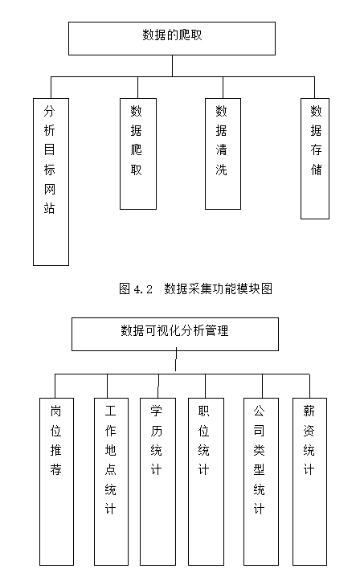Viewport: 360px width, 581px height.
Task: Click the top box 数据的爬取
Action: (x=171, y=38)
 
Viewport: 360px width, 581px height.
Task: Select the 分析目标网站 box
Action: (x=51, y=182)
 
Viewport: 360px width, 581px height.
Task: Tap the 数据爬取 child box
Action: (x=137, y=153)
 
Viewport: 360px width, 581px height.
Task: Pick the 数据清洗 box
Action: (x=222, y=153)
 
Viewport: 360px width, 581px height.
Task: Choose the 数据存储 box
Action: (x=315, y=158)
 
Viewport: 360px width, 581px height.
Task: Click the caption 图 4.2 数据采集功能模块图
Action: (x=195, y=288)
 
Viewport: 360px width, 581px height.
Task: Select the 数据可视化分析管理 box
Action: (x=174, y=333)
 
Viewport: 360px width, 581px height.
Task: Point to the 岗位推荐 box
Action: (x=56, y=480)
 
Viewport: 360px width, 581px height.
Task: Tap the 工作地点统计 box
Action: (x=111, y=480)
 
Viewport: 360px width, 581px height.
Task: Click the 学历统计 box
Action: (x=157, y=480)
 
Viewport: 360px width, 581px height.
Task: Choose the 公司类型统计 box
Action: (x=260, y=480)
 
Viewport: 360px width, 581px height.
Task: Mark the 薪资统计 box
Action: (x=309, y=480)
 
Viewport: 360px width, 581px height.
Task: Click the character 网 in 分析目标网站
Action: (x=51, y=190)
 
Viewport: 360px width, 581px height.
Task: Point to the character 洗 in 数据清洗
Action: (x=222, y=170)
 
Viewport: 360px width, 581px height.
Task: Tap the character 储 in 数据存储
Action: (x=316, y=170)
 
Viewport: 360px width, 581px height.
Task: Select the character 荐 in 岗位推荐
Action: (x=56, y=469)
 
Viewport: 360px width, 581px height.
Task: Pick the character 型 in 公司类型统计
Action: (x=260, y=469)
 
